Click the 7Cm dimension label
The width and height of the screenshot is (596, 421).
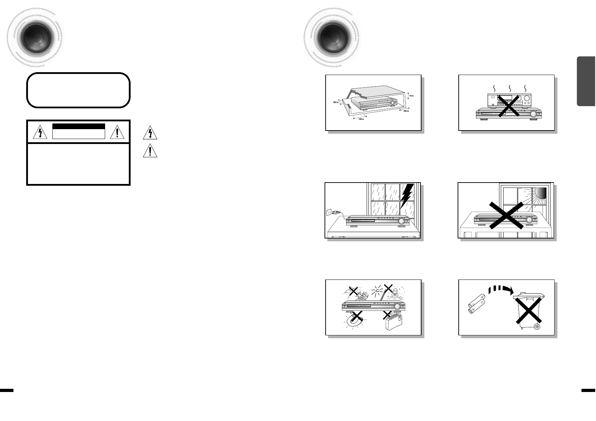[x=411, y=96]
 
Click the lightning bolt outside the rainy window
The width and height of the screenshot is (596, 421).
[x=407, y=196]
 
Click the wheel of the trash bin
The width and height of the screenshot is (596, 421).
[x=537, y=326]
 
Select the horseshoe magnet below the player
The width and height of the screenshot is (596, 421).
[x=354, y=321]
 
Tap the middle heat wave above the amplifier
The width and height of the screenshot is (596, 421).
[x=510, y=87]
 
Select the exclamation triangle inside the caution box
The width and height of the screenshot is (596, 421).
[x=118, y=132]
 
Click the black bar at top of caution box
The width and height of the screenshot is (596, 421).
[x=79, y=126]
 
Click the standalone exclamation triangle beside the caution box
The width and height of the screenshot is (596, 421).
[x=150, y=151]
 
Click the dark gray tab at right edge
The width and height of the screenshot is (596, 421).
[x=586, y=81]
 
